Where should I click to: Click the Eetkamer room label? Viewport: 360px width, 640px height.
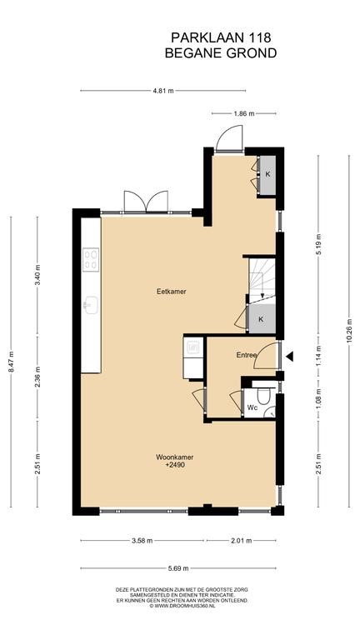click(x=172, y=292)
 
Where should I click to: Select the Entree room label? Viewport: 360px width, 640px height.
click(x=247, y=355)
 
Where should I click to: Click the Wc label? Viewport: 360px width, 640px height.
click(x=252, y=407)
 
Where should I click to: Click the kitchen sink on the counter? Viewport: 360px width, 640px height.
click(x=91, y=305)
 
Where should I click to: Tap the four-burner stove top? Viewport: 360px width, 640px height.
click(x=91, y=260)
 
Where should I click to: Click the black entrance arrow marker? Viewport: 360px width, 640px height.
click(x=289, y=357)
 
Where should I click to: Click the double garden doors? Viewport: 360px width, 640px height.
click(x=146, y=202)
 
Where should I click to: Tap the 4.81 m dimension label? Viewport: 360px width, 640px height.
click(x=163, y=91)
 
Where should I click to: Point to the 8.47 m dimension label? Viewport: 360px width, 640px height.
click(x=11, y=361)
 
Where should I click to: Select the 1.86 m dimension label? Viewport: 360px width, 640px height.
click(x=244, y=113)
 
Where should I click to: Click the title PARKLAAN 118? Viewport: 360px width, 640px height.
click(x=221, y=38)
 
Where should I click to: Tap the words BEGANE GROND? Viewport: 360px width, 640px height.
click(x=221, y=53)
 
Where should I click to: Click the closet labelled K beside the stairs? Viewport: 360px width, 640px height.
click(x=262, y=319)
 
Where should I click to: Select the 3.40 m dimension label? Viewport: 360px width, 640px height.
click(x=37, y=277)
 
